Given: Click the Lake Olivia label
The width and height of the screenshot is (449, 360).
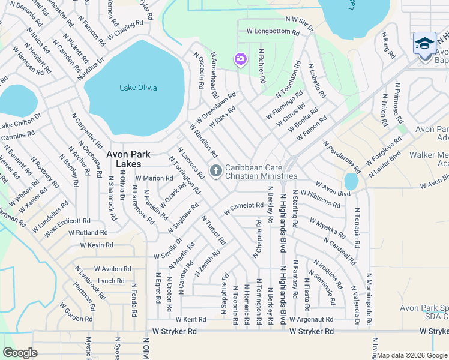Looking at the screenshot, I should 138,88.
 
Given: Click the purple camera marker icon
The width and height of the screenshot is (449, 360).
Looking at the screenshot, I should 240,59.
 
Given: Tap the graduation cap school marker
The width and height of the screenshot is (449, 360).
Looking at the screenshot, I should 424,44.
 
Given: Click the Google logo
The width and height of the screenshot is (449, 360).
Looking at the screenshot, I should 20,353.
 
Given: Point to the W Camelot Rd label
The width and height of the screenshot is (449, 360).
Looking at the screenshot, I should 244,208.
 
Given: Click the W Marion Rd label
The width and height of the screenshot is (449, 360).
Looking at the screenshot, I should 154,178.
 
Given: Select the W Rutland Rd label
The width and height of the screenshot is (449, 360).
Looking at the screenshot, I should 88,232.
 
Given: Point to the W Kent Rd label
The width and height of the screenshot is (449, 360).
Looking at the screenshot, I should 190,320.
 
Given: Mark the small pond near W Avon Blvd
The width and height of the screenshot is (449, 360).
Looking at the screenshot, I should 351,181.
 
